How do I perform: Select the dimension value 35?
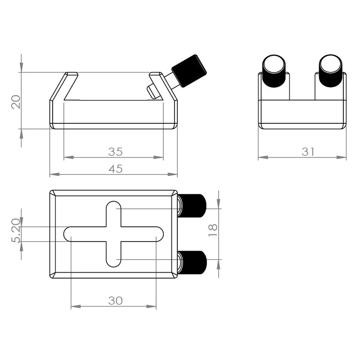point(115,151)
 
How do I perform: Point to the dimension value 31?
point(308,152)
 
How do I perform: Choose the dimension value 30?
point(115,301)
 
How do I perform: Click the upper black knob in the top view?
point(193,206)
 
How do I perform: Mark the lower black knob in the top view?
point(193,262)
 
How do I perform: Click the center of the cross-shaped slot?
point(113,234)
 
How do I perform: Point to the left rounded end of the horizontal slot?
point(69,234)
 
